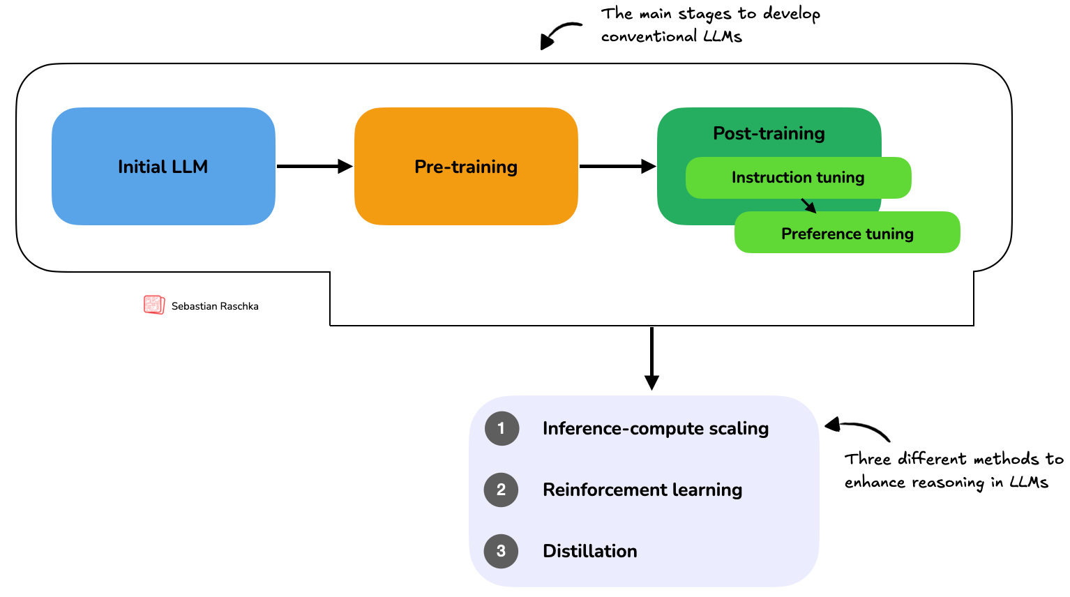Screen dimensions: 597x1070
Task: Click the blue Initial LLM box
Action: click(163, 166)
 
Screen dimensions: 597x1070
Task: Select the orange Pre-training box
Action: click(466, 166)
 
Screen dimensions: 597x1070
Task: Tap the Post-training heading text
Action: click(769, 133)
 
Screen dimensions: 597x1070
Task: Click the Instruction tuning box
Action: click(798, 177)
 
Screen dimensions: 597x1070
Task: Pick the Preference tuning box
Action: click(847, 233)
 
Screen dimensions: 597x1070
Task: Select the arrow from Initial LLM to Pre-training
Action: click(314, 166)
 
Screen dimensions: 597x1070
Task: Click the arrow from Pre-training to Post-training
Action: click(617, 166)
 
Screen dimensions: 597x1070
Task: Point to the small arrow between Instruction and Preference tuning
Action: click(808, 205)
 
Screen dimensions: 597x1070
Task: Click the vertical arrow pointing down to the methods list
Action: click(651, 358)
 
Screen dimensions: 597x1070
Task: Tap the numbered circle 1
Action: click(502, 428)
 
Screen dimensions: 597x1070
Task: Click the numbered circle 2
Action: click(502, 490)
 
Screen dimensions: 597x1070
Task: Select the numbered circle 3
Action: click(502, 551)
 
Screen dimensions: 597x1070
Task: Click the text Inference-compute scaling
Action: click(656, 428)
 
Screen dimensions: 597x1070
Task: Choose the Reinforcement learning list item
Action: click(642, 490)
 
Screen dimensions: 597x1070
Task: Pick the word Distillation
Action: click(590, 551)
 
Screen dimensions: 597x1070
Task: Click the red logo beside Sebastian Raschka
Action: click(153, 305)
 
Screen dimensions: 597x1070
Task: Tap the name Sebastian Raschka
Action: click(215, 306)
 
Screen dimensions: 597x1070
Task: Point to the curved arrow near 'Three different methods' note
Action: click(858, 428)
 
